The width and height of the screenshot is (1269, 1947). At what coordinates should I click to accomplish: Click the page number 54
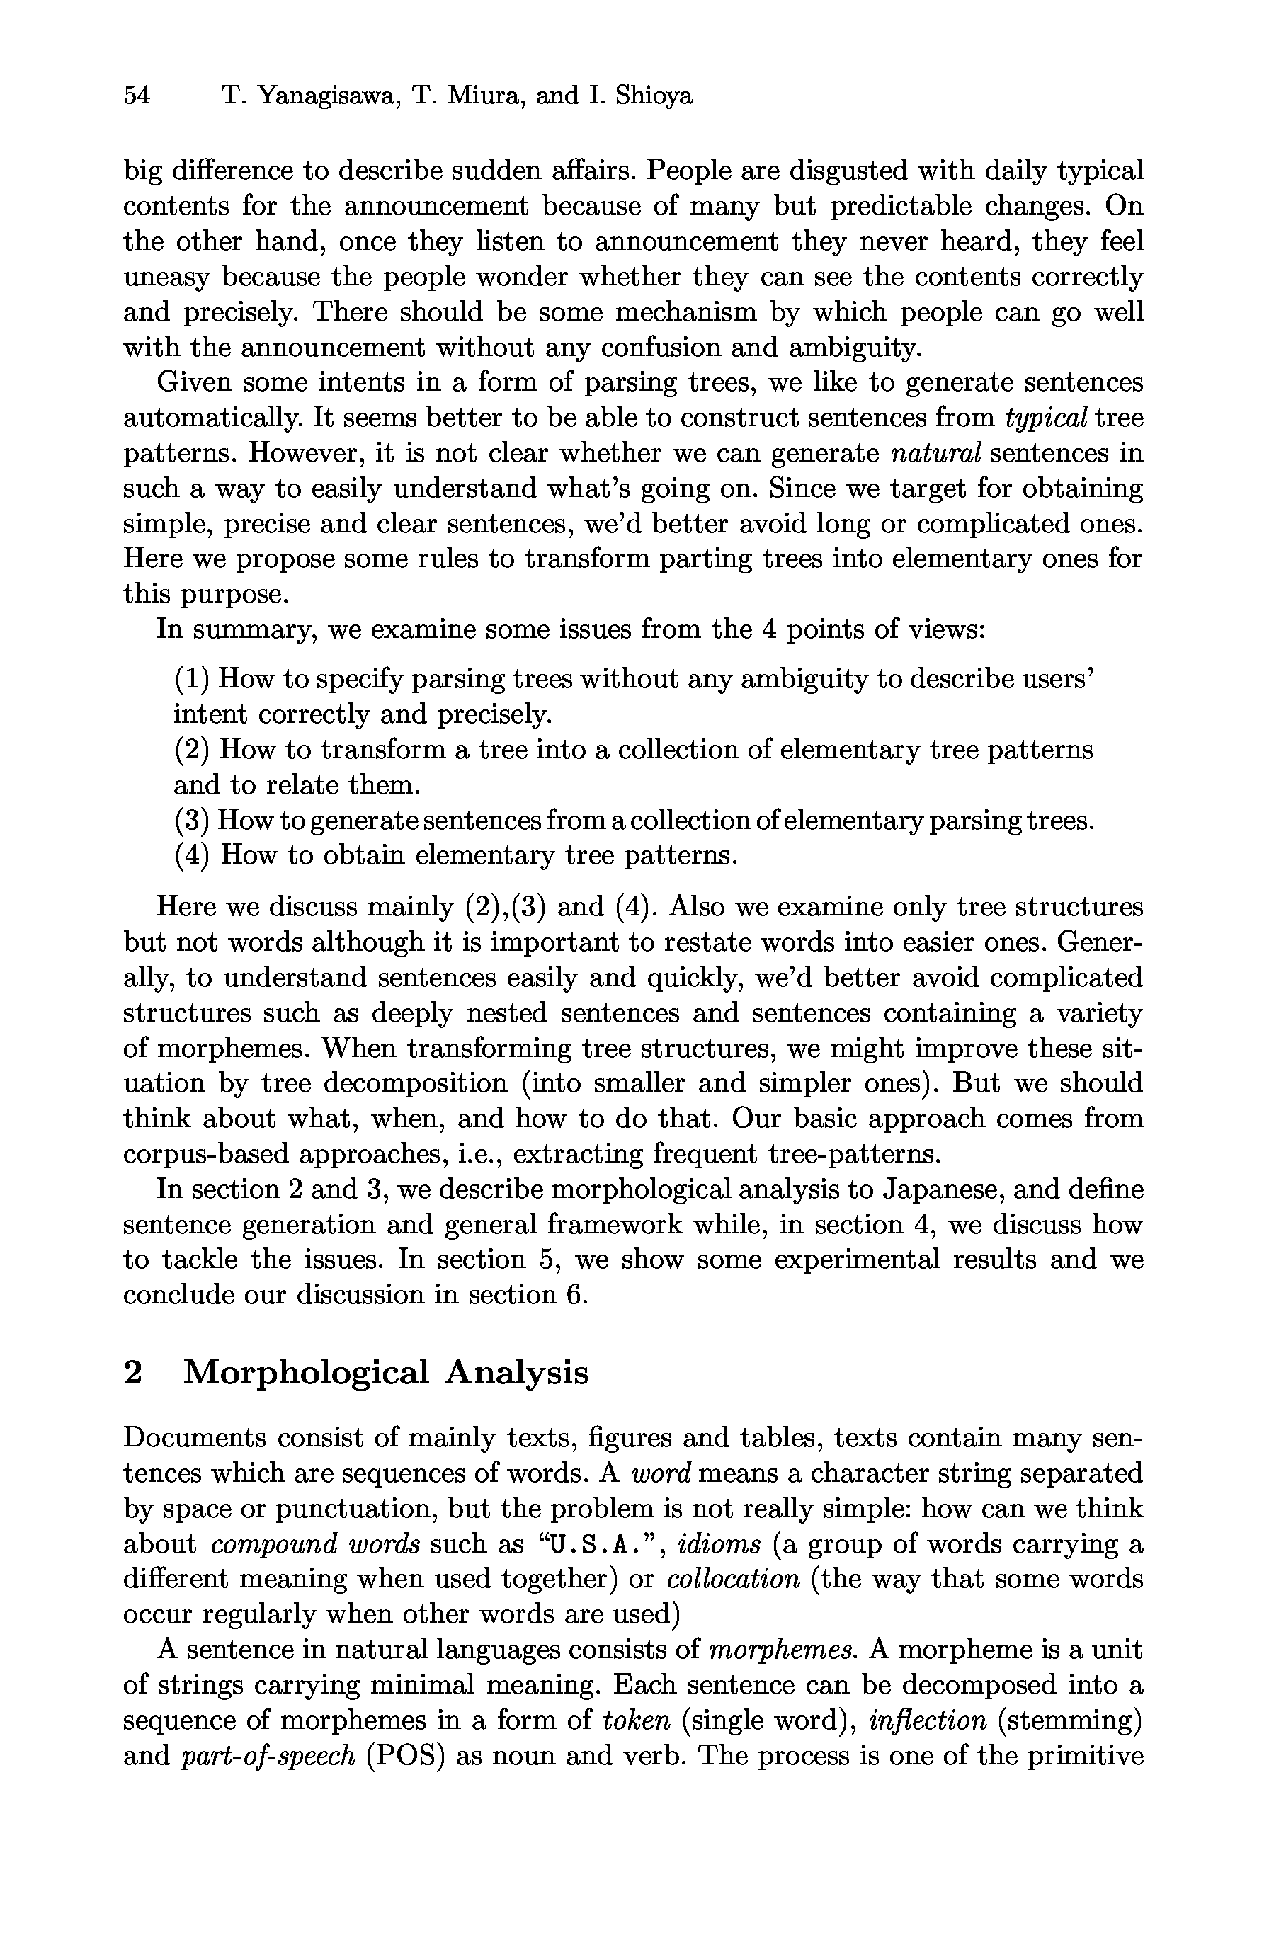[x=137, y=96]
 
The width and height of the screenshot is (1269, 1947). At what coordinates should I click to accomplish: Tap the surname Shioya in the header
[x=653, y=96]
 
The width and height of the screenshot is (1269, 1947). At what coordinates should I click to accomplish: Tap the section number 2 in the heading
[x=133, y=1372]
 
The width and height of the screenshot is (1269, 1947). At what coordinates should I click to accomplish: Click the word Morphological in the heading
[x=306, y=1372]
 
